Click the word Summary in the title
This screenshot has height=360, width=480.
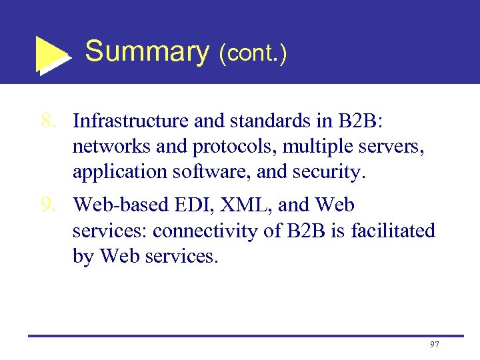pyautogui.click(x=147, y=51)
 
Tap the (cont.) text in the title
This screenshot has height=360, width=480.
pyautogui.click(x=253, y=53)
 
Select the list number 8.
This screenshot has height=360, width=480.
pyautogui.click(x=47, y=121)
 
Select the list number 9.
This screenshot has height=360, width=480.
pyautogui.click(x=47, y=205)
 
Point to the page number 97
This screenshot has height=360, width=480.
pyautogui.click(x=435, y=344)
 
